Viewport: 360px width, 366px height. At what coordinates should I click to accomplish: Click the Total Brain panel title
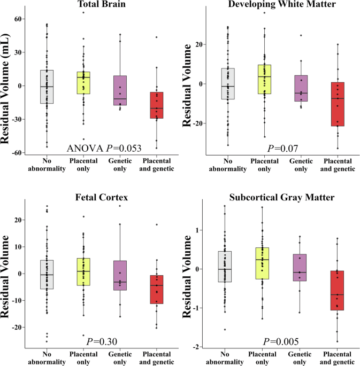coord(102,4)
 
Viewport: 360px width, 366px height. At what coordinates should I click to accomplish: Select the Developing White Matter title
coord(282,4)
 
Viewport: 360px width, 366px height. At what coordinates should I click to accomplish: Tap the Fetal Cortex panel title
coord(102,198)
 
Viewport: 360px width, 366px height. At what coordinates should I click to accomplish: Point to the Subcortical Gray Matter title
coord(282,198)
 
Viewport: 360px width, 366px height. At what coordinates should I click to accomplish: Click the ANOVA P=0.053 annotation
coord(104,148)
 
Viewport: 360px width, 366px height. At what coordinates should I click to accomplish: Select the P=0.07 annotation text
coord(282,148)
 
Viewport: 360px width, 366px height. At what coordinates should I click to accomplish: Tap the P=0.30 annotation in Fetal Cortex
coord(102,341)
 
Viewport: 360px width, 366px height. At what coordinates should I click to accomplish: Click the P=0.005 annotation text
coord(281,341)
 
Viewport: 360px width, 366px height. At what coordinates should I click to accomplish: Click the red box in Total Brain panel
coord(157,105)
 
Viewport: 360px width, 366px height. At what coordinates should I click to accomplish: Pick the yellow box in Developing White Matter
coord(264,80)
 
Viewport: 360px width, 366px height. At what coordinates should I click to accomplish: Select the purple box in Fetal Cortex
coord(120,275)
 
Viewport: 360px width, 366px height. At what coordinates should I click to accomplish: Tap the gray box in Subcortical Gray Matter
coord(225,267)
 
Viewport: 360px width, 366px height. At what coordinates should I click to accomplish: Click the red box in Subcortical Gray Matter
coord(337,290)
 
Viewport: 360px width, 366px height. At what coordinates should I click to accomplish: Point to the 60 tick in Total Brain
coord(18,19)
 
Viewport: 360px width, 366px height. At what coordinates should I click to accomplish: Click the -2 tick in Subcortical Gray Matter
coord(196,347)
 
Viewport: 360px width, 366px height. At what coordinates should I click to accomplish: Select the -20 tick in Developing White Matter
coord(197,123)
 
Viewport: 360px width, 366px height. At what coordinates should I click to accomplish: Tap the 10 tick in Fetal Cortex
coord(18,247)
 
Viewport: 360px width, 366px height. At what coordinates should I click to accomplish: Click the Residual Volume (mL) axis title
coord(5,89)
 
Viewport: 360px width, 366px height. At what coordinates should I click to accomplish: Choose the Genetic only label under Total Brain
coord(120,165)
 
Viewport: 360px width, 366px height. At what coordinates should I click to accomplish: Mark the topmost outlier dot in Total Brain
coord(83,13)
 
